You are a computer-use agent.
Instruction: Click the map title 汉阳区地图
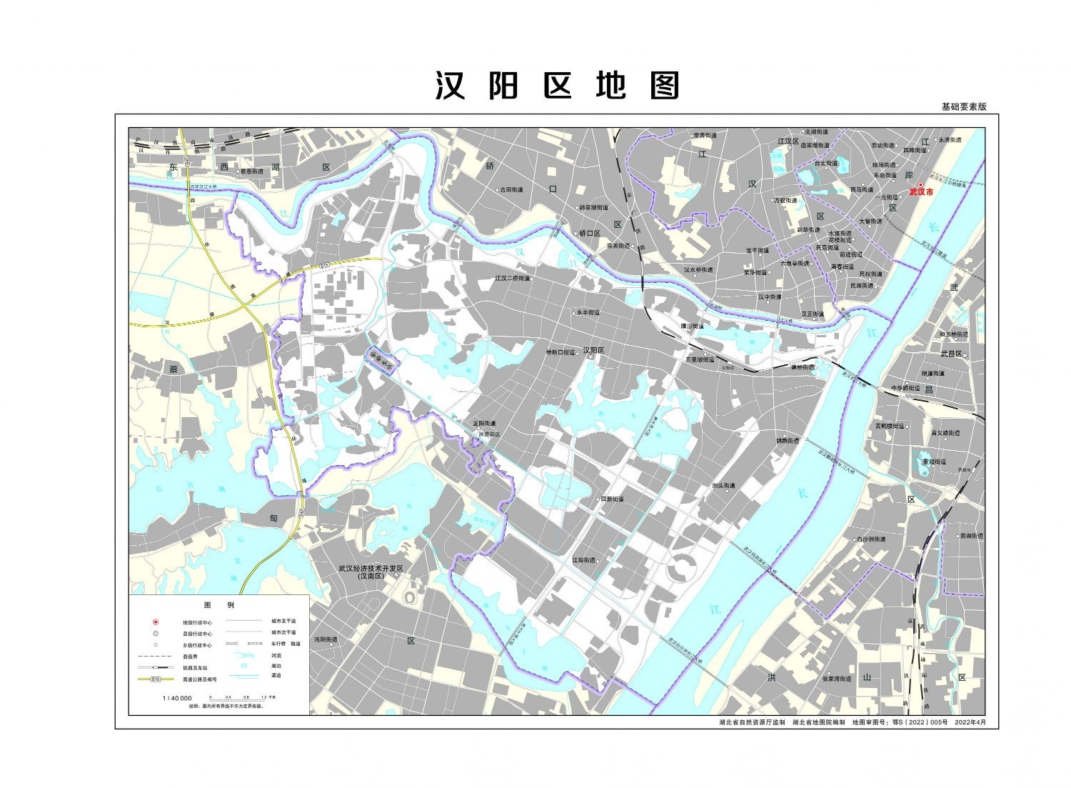pyautogui.click(x=558, y=86)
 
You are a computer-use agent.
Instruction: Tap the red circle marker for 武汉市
pyautogui.click(x=921, y=184)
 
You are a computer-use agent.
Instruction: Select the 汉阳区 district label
pyautogui.click(x=593, y=351)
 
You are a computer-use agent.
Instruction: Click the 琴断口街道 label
pyautogui.click(x=560, y=352)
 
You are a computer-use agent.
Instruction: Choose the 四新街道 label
pyautogui.click(x=611, y=499)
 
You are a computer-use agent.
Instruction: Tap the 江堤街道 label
pyautogui.click(x=583, y=560)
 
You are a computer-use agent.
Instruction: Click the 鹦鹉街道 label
pyautogui.click(x=788, y=441)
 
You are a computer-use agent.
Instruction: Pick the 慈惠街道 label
pyautogui.click(x=251, y=171)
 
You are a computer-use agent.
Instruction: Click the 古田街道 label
pyautogui.click(x=511, y=190)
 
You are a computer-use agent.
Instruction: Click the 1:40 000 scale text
pyautogui.click(x=177, y=697)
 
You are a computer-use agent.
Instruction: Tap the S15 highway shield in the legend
pyautogui.click(x=156, y=679)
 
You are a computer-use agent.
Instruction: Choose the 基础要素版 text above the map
pyautogui.click(x=963, y=107)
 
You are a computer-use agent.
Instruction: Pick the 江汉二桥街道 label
pyautogui.click(x=513, y=278)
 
